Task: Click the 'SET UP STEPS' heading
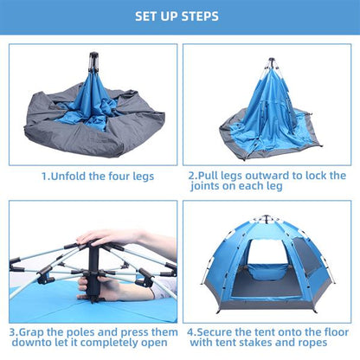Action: pos(179,16)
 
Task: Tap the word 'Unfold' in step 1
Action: pos(70,176)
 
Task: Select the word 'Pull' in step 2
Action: pos(212,175)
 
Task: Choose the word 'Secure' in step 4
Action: pos(220,331)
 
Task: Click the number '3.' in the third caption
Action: pos(15,331)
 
